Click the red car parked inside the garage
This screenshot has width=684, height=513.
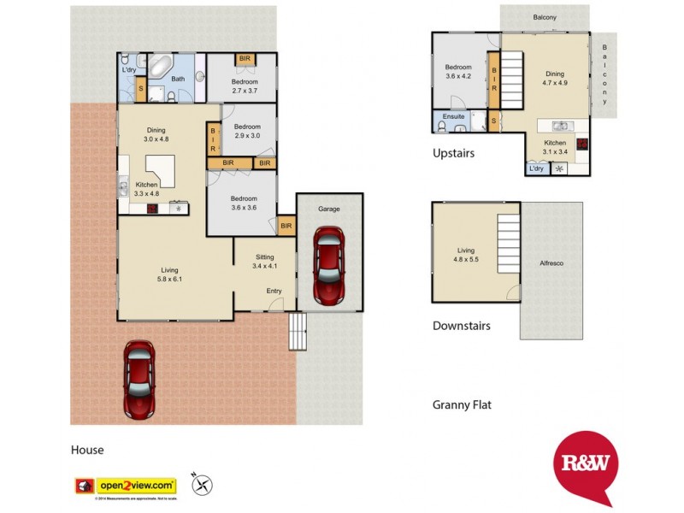(x=329, y=265)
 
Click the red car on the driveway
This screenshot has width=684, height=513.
(x=139, y=380)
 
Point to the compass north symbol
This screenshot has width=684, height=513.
(x=203, y=485)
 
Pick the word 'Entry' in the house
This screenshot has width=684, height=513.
(x=274, y=292)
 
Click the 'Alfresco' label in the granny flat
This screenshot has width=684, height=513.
(x=551, y=263)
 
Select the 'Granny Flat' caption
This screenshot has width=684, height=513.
(x=462, y=405)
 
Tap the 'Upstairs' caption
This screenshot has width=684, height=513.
(x=453, y=154)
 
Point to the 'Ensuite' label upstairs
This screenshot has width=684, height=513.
(x=453, y=117)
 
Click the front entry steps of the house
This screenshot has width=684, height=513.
(x=297, y=333)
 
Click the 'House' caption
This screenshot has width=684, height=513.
(x=87, y=450)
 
